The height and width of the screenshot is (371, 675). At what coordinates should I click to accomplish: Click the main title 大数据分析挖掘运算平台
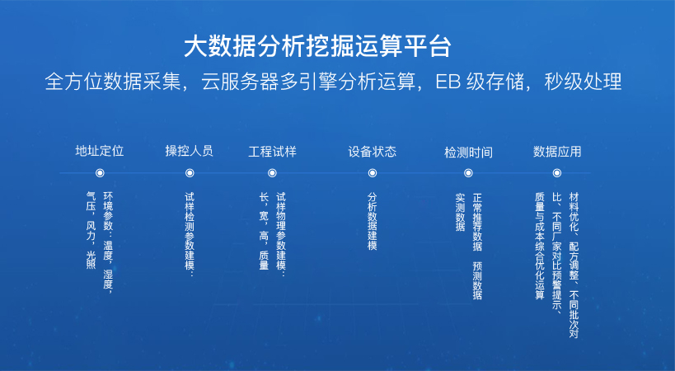tap(317, 46)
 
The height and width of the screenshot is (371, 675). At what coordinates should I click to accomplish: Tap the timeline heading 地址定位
tap(100, 151)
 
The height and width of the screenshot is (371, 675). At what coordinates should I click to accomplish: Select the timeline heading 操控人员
tap(189, 151)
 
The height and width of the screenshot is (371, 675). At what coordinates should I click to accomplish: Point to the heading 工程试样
tap(272, 152)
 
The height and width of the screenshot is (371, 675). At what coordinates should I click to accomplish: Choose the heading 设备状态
tap(372, 152)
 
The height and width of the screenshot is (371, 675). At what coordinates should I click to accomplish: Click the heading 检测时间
tap(468, 153)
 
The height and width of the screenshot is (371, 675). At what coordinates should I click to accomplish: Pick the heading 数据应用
tap(557, 152)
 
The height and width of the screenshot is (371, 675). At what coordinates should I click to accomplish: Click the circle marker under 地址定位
tap(100, 173)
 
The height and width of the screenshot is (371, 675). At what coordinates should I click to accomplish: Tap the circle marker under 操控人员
tap(190, 173)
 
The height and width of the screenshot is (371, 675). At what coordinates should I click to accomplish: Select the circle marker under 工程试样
tap(272, 173)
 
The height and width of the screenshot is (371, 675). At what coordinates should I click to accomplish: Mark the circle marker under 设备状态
tap(373, 173)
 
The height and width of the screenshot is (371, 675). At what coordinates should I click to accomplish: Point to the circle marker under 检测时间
tap(468, 173)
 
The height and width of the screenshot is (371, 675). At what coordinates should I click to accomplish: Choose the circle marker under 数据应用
tap(557, 173)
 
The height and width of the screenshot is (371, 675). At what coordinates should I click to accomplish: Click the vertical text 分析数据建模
tap(373, 221)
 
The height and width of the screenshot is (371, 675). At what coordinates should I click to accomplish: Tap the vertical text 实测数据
tap(460, 212)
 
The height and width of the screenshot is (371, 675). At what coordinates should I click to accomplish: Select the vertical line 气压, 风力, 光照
tap(91, 231)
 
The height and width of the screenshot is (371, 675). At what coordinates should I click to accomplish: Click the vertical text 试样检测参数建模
tap(190, 235)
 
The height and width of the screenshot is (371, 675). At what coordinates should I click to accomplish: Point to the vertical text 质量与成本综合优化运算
tap(540, 246)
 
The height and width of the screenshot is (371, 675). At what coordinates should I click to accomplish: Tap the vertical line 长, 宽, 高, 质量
tap(264, 231)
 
